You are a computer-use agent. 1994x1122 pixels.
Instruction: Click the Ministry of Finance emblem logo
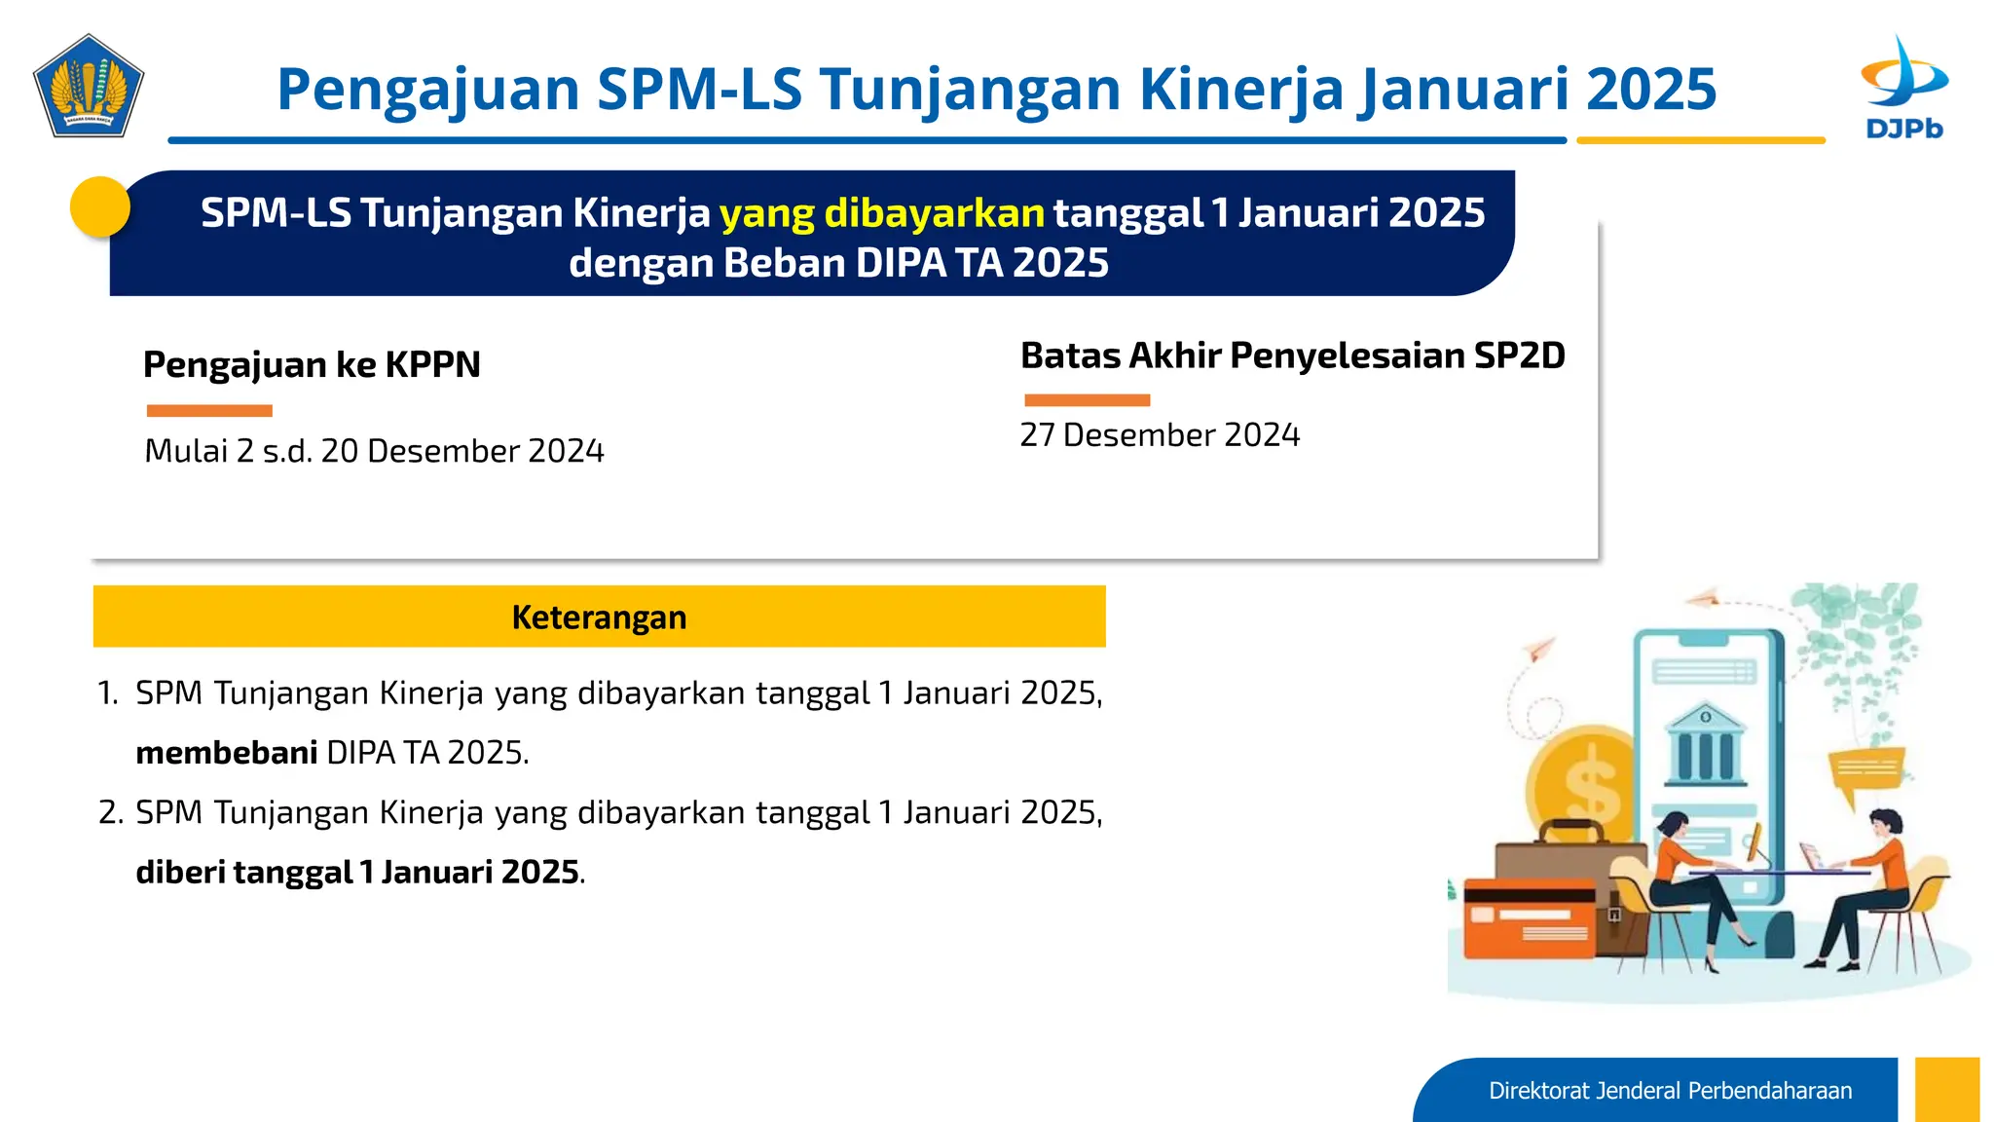click(x=88, y=86)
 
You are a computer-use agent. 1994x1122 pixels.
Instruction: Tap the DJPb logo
click(x=1903, y=88)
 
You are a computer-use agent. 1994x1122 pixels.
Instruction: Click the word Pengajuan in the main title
click(x=428, y=90)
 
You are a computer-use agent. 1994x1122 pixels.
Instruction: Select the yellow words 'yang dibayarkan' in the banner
click(x=881, y=213)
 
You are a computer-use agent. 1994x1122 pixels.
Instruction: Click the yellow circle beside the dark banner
click(x=100, y=206)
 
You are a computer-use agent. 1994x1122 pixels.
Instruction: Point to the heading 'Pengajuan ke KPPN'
click(x=312, y=364)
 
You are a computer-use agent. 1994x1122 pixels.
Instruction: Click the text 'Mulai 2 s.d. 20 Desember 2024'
click(x=374, y=451)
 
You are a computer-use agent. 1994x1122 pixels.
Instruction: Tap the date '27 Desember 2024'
click(x=1160, y=434)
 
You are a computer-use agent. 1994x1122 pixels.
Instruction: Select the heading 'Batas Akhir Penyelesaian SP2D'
click(x=1292, y=355)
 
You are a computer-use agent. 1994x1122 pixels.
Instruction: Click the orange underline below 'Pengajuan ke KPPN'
click(x=209, y=411)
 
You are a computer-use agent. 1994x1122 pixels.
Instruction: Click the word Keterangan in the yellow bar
click(x=599, y=617)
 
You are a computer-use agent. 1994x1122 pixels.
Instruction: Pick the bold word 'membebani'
click(x=226, y=753)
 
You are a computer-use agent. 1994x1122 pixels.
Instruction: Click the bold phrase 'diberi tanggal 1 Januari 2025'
click(x=357, y=872)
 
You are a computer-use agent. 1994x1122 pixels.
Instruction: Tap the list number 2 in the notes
click(x=110, y=812)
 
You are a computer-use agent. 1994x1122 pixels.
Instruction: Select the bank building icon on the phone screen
click(x=1706, y=745)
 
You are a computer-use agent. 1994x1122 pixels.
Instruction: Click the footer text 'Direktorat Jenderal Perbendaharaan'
click(x=1670, y=1091)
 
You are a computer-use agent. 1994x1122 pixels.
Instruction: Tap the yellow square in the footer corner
click(x=1946, y=1089)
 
